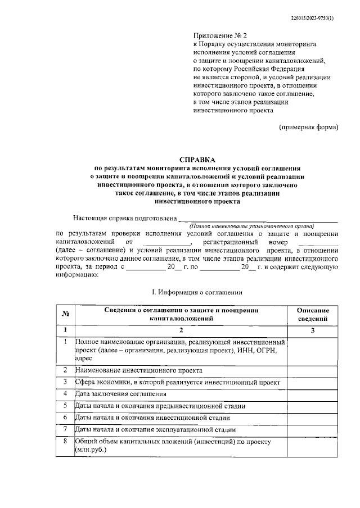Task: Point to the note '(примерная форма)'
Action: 309,127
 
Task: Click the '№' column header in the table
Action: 65,314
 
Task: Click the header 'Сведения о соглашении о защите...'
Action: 181,314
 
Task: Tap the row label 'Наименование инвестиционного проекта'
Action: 138,370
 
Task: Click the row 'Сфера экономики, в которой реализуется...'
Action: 177,382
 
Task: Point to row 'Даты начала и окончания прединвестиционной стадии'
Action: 160,406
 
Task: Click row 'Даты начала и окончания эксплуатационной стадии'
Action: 156,429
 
